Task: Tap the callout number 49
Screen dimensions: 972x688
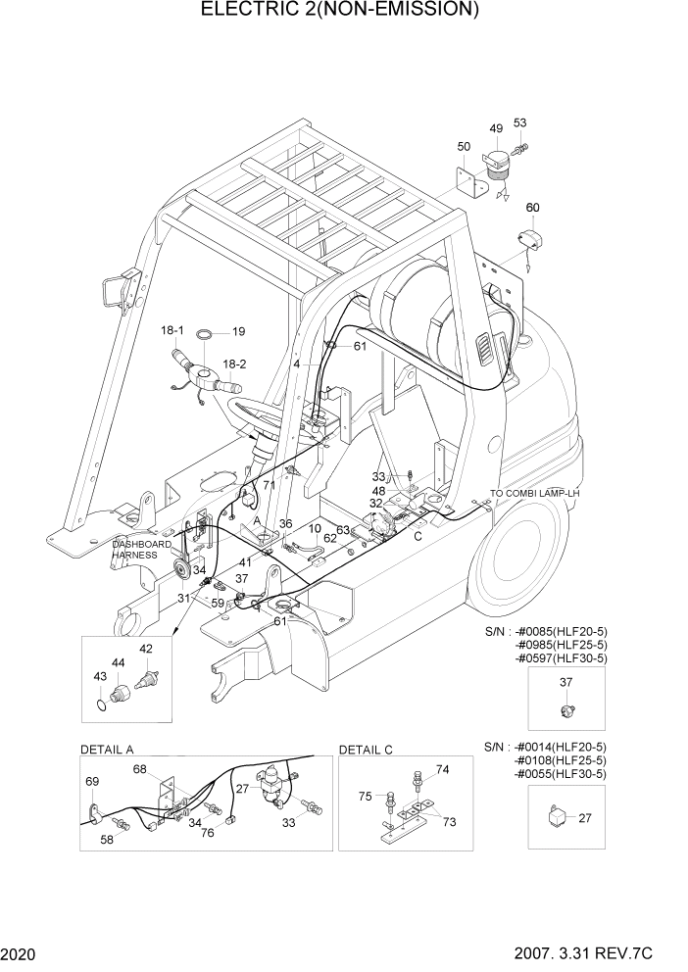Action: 496,128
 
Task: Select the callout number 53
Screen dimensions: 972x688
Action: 519,122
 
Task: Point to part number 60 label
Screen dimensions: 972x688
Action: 533,207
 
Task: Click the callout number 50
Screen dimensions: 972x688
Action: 464,147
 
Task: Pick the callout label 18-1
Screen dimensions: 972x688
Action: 173,333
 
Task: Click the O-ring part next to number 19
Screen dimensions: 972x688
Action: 205,333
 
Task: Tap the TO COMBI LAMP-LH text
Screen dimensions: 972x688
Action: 536,493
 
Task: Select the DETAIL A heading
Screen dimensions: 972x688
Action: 107,750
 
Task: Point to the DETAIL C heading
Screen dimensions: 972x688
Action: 366,750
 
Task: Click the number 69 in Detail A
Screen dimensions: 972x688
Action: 92,781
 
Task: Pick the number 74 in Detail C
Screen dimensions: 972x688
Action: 442,770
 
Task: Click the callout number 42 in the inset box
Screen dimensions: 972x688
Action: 146,649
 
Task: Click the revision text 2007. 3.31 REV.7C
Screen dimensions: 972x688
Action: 609,953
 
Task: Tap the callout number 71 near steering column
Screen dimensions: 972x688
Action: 269,485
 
